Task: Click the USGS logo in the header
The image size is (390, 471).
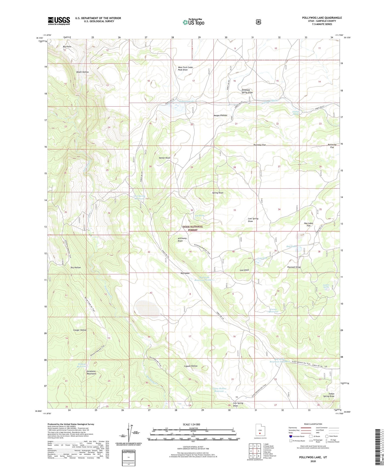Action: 59,21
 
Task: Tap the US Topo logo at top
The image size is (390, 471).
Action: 193,22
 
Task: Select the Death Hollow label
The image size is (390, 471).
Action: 82,72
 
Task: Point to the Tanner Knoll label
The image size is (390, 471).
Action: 164,158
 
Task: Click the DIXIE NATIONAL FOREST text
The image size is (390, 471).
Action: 193,228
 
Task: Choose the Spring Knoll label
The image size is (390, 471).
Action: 218,193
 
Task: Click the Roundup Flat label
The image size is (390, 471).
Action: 259,145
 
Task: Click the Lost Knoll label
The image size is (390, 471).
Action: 244,270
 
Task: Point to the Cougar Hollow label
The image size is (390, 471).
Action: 80,330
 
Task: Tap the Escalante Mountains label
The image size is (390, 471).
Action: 91,373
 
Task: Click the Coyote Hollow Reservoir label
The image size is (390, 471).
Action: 219,390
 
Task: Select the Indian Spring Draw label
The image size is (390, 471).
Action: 329,395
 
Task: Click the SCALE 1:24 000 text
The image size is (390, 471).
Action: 191,424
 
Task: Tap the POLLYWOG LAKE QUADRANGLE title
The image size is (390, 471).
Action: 322,18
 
